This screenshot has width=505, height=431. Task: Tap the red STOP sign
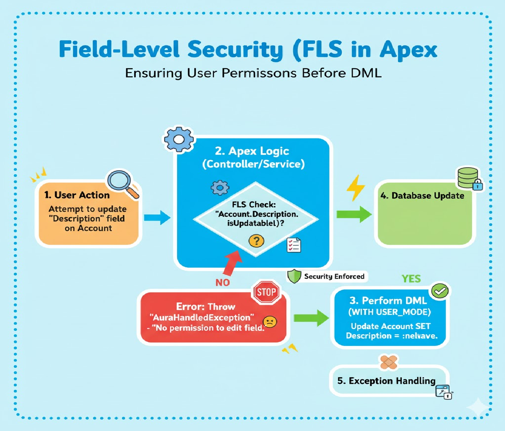(x=266, y=292)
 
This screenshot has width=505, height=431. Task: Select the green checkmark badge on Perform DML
(x=440, y=290)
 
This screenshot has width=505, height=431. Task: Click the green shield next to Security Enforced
(x=294, y=276)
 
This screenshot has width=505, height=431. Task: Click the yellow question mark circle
(x=256, y=241)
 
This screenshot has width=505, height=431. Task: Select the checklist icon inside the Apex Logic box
(x=294, y=245)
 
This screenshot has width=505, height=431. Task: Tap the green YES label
(x=411, y=279)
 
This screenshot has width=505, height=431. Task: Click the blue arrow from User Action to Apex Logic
(x=157, y=218)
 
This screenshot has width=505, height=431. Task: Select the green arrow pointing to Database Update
(x=354, y=214)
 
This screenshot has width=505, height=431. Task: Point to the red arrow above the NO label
(x=232, y=262)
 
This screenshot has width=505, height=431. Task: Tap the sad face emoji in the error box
(x=270, y=322)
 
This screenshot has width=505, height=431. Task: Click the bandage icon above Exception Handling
(x=389, y=362)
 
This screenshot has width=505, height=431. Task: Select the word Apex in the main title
(x=409, y=50)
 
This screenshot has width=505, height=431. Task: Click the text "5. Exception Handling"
(x=386, y=381)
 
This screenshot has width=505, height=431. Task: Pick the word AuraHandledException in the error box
(x=202, y=317)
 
